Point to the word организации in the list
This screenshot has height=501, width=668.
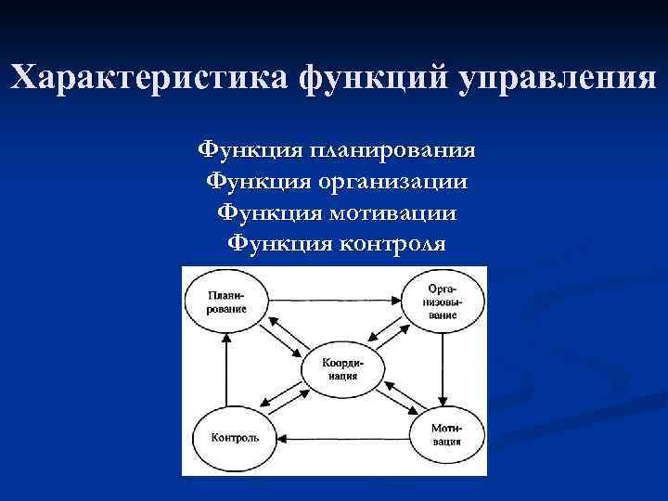(x=393, y=181)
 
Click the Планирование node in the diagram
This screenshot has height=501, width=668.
(x=226, y=302)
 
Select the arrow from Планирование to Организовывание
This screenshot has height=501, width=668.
(x=334, y=300)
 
